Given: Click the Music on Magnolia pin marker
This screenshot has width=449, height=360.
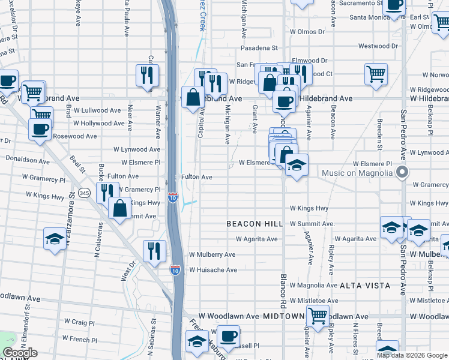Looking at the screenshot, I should pos(402,173).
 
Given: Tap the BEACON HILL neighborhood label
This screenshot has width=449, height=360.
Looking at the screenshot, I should pos(254,224).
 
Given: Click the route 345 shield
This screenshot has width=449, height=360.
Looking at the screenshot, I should pos(85,193).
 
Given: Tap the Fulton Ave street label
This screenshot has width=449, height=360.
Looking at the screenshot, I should pos(197,178).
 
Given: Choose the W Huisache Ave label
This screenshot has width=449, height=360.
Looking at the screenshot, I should pos(213,270).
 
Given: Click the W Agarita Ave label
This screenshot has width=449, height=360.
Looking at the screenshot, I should pos(256,239).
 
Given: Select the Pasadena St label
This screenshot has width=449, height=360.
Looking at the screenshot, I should pos(259,47).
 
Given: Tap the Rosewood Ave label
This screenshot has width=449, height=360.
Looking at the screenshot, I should pos(74,136).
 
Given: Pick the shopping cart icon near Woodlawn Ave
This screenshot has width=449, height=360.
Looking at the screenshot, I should pos(318,314).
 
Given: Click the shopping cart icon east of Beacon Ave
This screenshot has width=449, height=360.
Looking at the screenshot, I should pos(376,74).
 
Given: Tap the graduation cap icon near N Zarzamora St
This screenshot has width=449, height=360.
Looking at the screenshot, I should pos(55,238).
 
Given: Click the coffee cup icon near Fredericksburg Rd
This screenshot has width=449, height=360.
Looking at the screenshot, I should pos(228,336).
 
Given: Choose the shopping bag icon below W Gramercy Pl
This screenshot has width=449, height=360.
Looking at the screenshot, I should pos(120,208).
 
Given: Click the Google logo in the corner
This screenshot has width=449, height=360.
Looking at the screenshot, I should pos(19,353).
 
